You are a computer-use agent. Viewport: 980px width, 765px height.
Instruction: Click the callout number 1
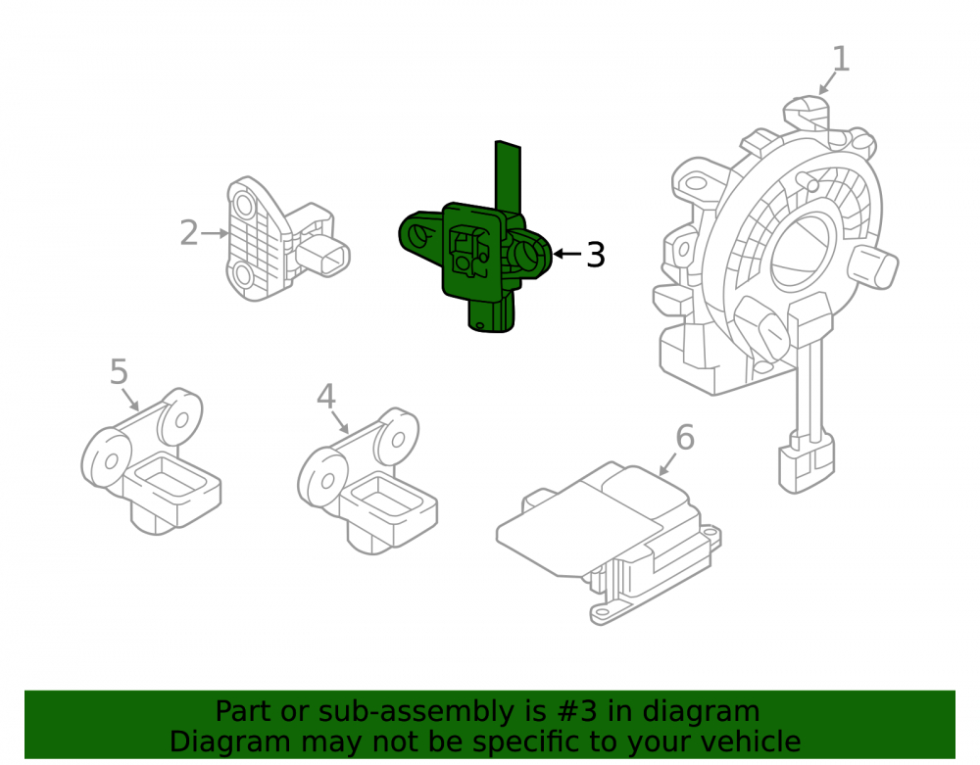(841, 60)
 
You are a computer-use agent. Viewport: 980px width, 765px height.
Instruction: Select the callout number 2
(189, 233)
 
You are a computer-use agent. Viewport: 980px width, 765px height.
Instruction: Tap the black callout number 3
(596, 254)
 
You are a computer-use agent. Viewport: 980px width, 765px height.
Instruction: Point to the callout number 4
(326, 396)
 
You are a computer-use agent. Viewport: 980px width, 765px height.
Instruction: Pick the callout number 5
(119, 371)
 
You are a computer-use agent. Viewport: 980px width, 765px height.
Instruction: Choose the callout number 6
(685, 437)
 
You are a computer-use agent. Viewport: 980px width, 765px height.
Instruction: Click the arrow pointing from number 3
(567, 254)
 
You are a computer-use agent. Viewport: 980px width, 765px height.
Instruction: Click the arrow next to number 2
(215, 233)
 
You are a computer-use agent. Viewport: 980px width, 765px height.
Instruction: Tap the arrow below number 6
(667, 464)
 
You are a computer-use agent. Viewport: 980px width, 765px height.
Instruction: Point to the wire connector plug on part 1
(807, 462)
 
